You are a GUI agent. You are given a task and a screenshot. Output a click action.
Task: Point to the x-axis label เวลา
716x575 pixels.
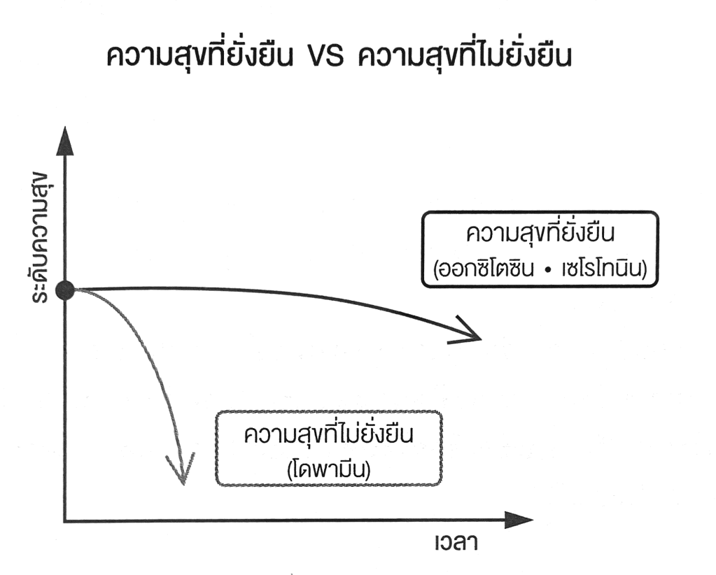tap(454, 542)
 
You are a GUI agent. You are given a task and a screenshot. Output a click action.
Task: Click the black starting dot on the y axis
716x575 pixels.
tap(64, 290)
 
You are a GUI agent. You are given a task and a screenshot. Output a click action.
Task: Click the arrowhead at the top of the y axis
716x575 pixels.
tap(64, 140)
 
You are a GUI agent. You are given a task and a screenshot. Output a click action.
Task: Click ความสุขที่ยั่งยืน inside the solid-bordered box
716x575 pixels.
tap(540, 234)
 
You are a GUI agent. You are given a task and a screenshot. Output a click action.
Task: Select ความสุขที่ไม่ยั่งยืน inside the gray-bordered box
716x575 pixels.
tap(330, 434)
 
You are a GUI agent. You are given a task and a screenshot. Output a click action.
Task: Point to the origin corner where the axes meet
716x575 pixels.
tap(64, 521)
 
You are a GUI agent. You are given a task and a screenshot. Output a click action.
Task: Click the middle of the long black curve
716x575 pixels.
tap(280, 292)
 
